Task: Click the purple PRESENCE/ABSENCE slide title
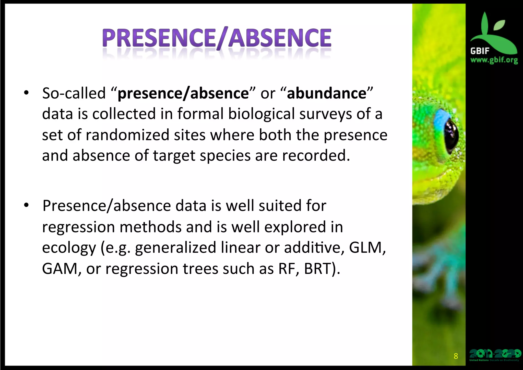pos(217,38)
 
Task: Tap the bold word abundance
pos(327,93)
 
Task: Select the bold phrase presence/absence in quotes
pos(183,93)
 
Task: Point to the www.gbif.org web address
pos(494,60)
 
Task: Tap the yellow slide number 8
pos(456,356)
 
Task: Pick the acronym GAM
pos(60,269)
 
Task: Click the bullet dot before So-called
pos(26,93)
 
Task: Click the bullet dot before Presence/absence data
pos(26,206)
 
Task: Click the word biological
pos(261,114)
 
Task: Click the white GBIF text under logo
pos(480,51)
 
